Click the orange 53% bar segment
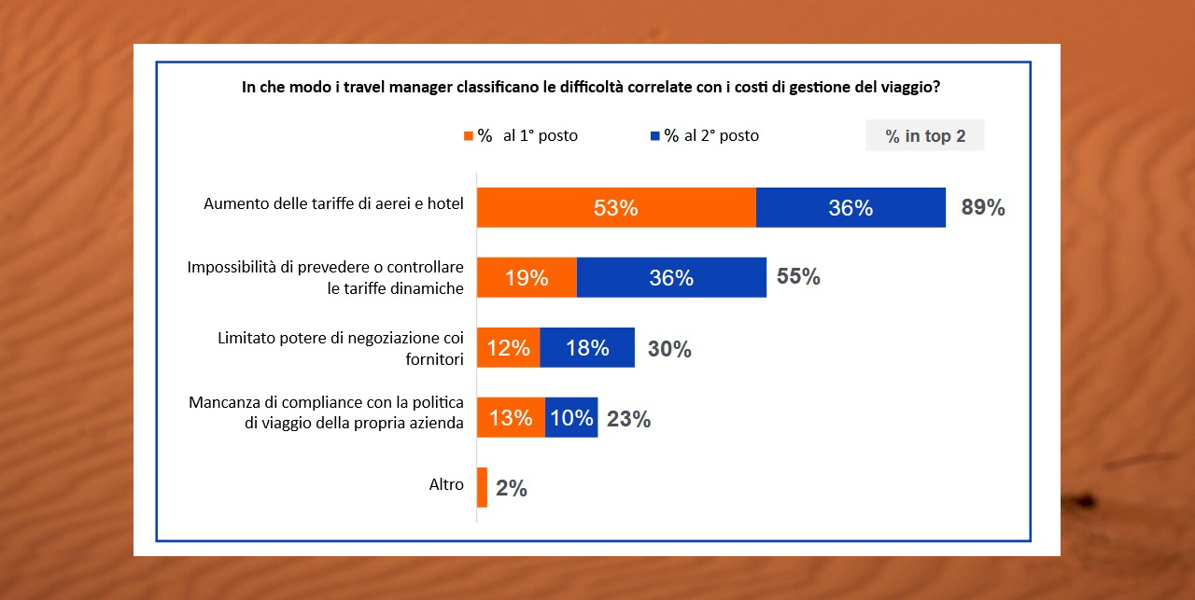coord(616,207)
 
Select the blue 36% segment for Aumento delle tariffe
coord(851,207)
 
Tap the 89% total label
coord(983,208)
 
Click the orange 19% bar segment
coord(527,277)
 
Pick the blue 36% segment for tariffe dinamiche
coord(671,277)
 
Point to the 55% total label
coord(798,277)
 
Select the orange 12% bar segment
coord(509,347)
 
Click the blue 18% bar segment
coord(587,347)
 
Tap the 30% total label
coord(669,350)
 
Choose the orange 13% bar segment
coord(511,417)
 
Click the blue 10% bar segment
coord(570,417)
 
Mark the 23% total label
coord(628,420)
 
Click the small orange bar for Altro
coord(482,487)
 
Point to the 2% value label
coord(512,489)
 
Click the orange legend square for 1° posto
coord(469,136)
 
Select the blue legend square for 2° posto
coord(655,136)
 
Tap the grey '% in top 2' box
coord(925,136)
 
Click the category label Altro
coord(446,485)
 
